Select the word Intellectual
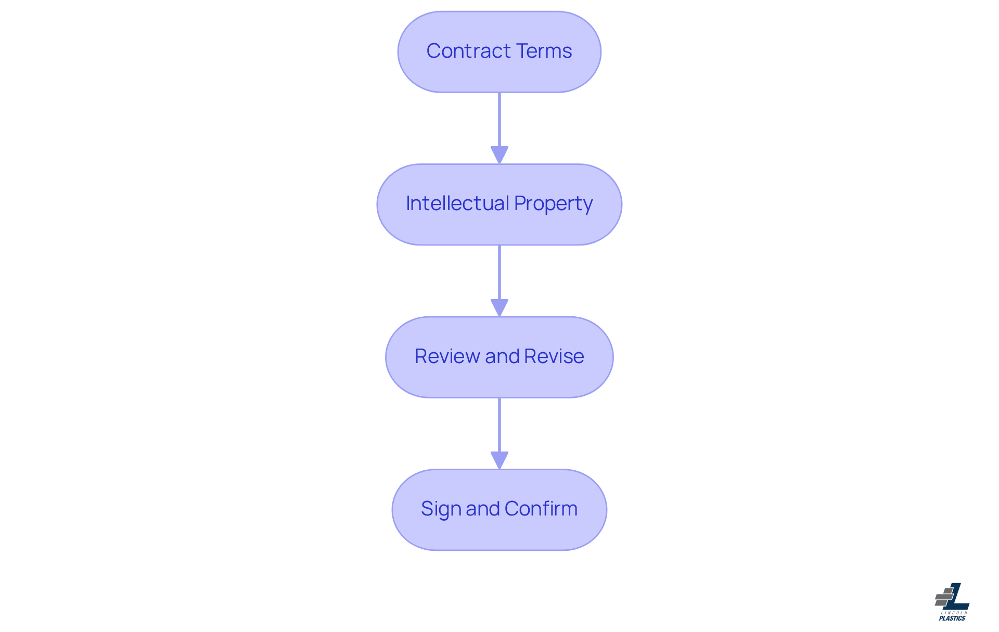click(457, 203)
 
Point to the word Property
click(553, 204)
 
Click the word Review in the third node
click(447, 356)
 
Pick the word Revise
click(554, 356)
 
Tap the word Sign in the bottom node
click(441, 509)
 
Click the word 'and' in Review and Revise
click(502, 356)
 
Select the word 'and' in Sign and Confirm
click(482, 509)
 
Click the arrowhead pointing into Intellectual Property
click(499, 154)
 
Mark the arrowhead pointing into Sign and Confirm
click(499, 460)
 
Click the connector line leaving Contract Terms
click(499, 120)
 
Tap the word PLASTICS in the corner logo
click(952, 618)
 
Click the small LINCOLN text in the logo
click(954, 613)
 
